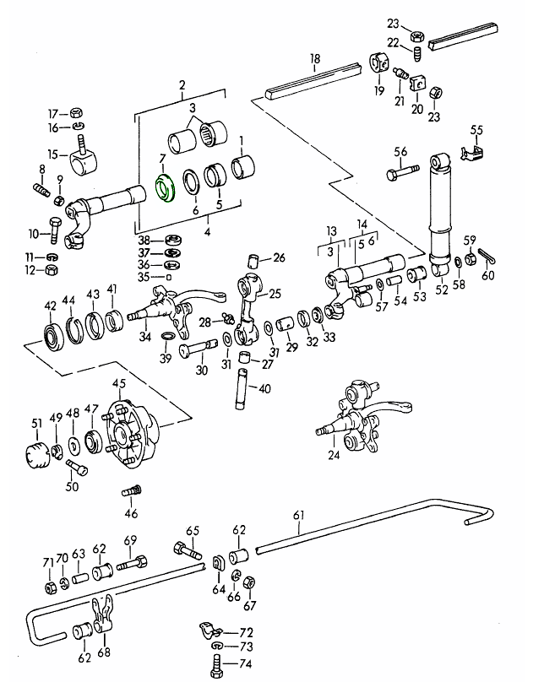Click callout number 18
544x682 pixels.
point(315,59)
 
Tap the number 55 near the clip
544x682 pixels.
point(476,130)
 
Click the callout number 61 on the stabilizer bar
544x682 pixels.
point(298,515)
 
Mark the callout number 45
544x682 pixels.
point(118,384)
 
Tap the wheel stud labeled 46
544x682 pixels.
point(131,491)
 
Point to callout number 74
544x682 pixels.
point(246,663)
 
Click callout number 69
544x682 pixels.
point(130,540)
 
